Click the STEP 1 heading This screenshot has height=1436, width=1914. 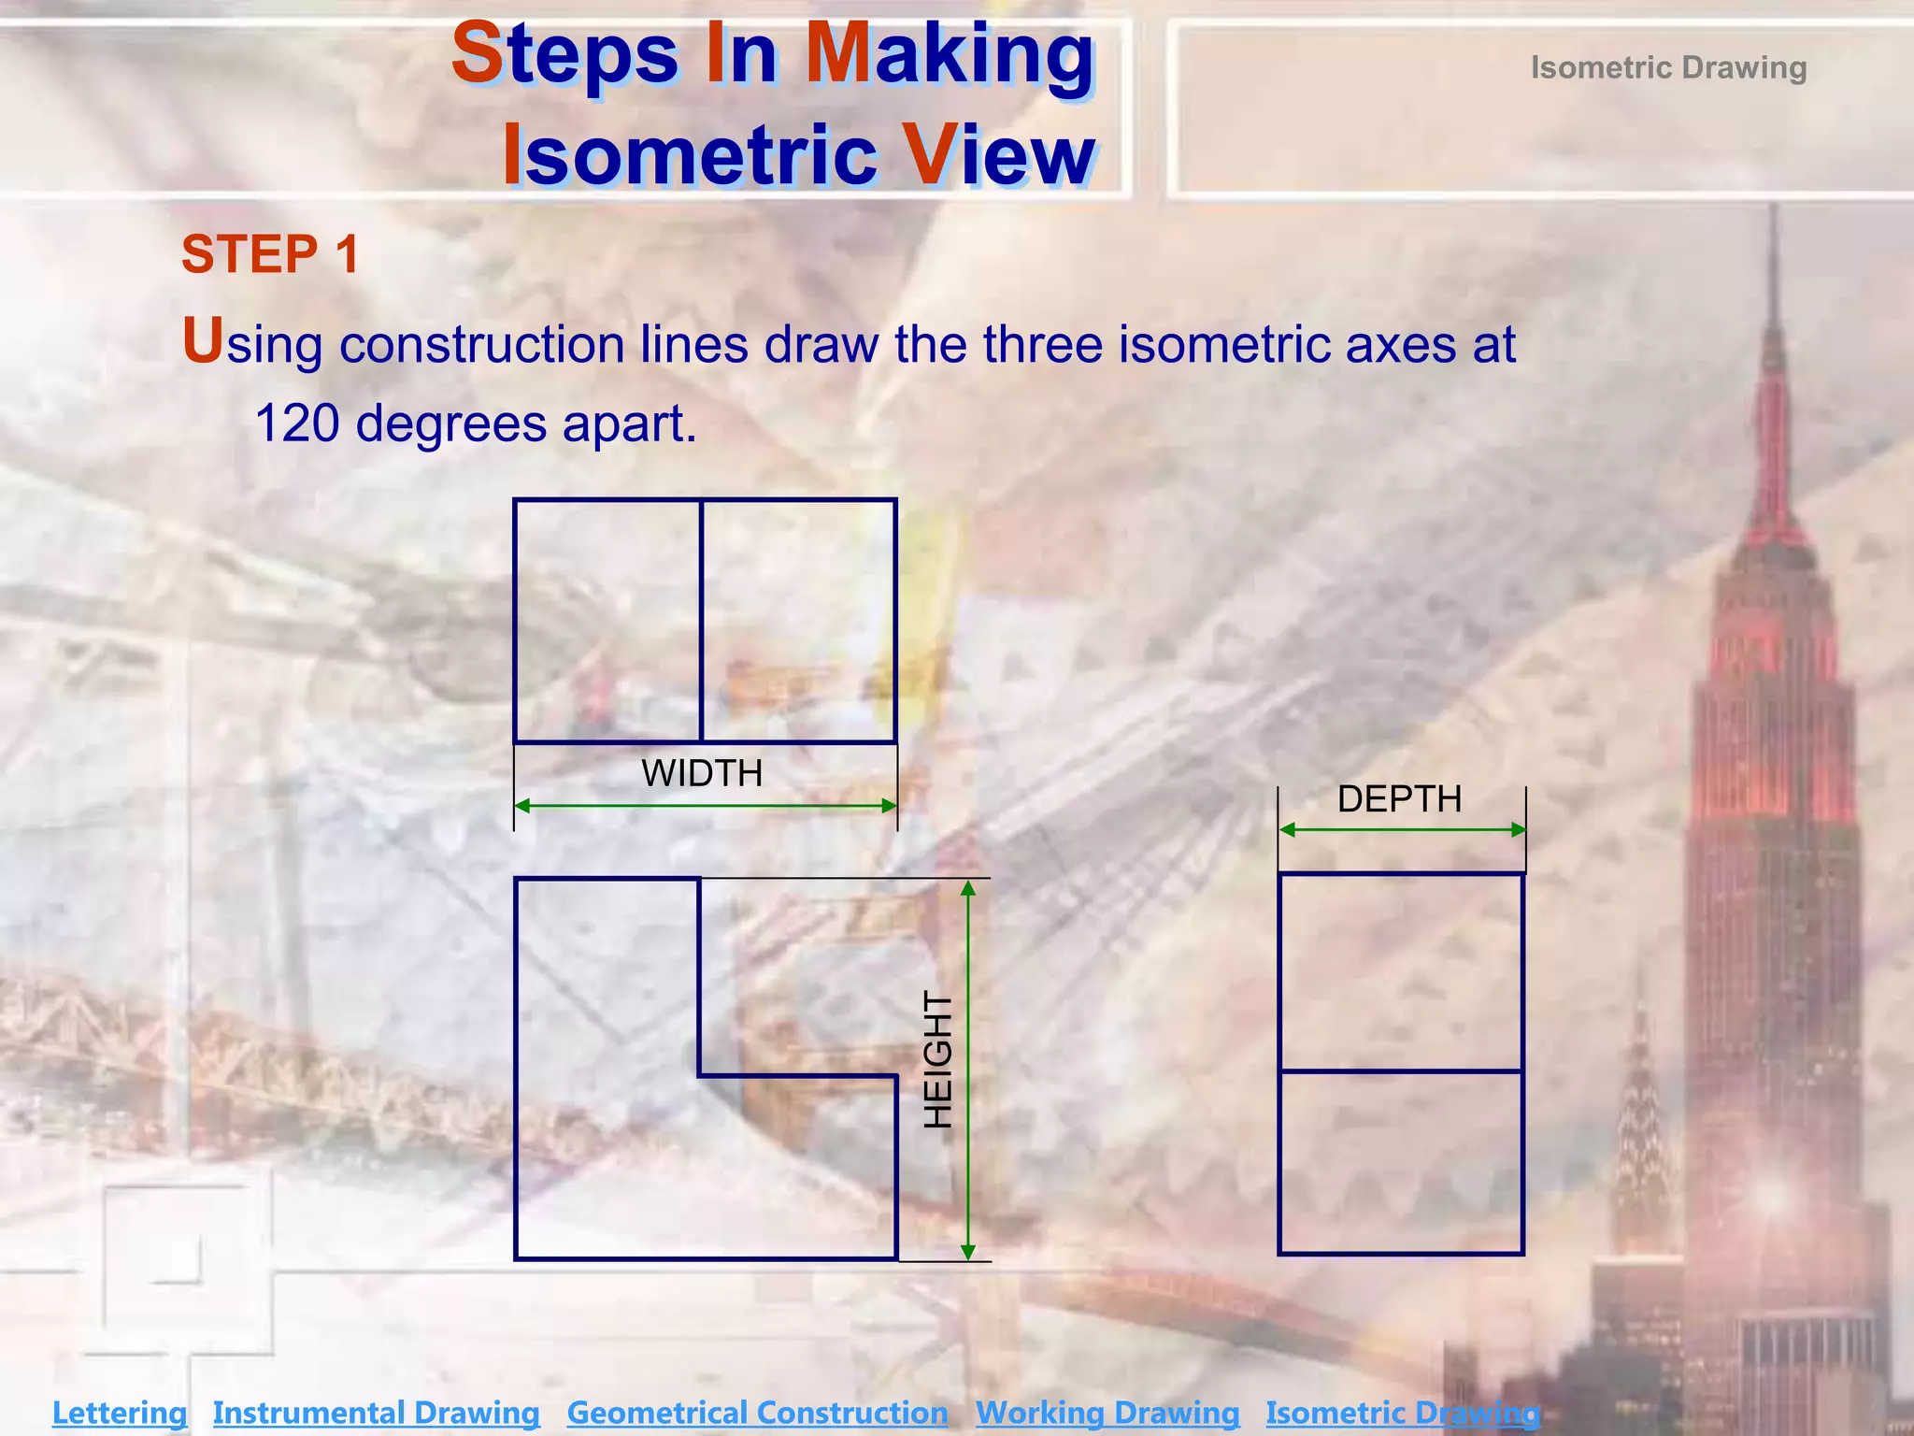click(x=270, y=254)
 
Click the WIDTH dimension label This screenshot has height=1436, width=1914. click(x=702, y=773)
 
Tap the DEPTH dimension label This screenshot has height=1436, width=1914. click(x=1399, y=799)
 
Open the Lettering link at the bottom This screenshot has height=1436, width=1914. click(x=120, y=1412)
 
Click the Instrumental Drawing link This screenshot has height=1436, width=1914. click(x=376, y=1412)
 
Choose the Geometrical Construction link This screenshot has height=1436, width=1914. click(x=757, y=1412)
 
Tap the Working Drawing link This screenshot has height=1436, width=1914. click(x=1107, y=1412)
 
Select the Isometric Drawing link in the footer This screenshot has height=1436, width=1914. click(x=1402, y=1412)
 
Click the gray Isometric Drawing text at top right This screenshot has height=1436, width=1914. click(x=1668, y=68)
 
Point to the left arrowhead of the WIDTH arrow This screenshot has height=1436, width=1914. click(x=522, y=806)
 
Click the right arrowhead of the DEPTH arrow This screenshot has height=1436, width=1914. click(x=1518, y=829)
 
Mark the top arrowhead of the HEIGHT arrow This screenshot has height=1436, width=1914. click(x=968, y=888)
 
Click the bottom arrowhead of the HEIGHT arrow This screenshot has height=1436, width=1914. click(x=968, y=1252)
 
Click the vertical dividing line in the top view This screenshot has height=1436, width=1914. click(x=701, y=622)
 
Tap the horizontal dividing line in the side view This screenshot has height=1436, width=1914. click(x=1400, y=1071)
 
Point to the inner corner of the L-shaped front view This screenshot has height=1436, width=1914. click(x=700, y=1076)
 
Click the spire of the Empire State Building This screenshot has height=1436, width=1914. click(x=1773, y=309)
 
